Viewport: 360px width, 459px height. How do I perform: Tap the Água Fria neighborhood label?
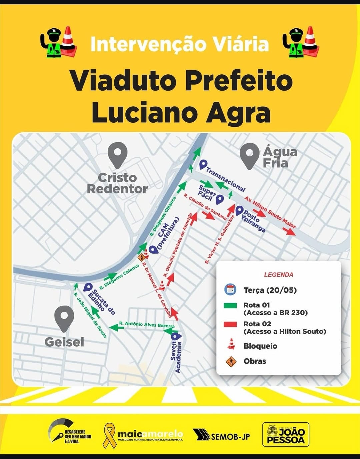pyautogui.click(x=279, y=157)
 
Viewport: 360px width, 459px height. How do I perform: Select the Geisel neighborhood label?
pyautogui.click(x=64, y=342)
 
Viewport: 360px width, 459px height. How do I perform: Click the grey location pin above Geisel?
pyautogui.click(x=64, y=317)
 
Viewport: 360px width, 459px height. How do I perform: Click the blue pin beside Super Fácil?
pyautogui.click(x=219, y=199)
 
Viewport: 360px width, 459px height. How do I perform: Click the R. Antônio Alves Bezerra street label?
pyautogui.click(x=147, y=324)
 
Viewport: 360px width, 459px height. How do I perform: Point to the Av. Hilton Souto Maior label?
pyautogui.click(x=270, y=212)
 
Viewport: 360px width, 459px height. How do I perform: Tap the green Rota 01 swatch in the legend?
pyautogui.click(x=231, y=305)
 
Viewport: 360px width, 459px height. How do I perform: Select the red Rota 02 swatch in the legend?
pyautogui.click(x=231, y=324)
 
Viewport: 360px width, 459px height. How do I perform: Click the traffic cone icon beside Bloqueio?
pyautogui.click(x=231, y=344)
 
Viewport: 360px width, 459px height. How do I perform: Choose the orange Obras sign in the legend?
pyautogui.click(x=231, y=361)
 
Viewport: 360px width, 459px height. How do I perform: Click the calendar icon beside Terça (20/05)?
pyautogui.click(x=230, y=289)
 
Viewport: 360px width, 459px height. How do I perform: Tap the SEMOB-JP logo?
pyautogui.click(x=221, y=435)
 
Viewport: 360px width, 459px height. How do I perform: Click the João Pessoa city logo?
pyautogui.click(x=286, y=434)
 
